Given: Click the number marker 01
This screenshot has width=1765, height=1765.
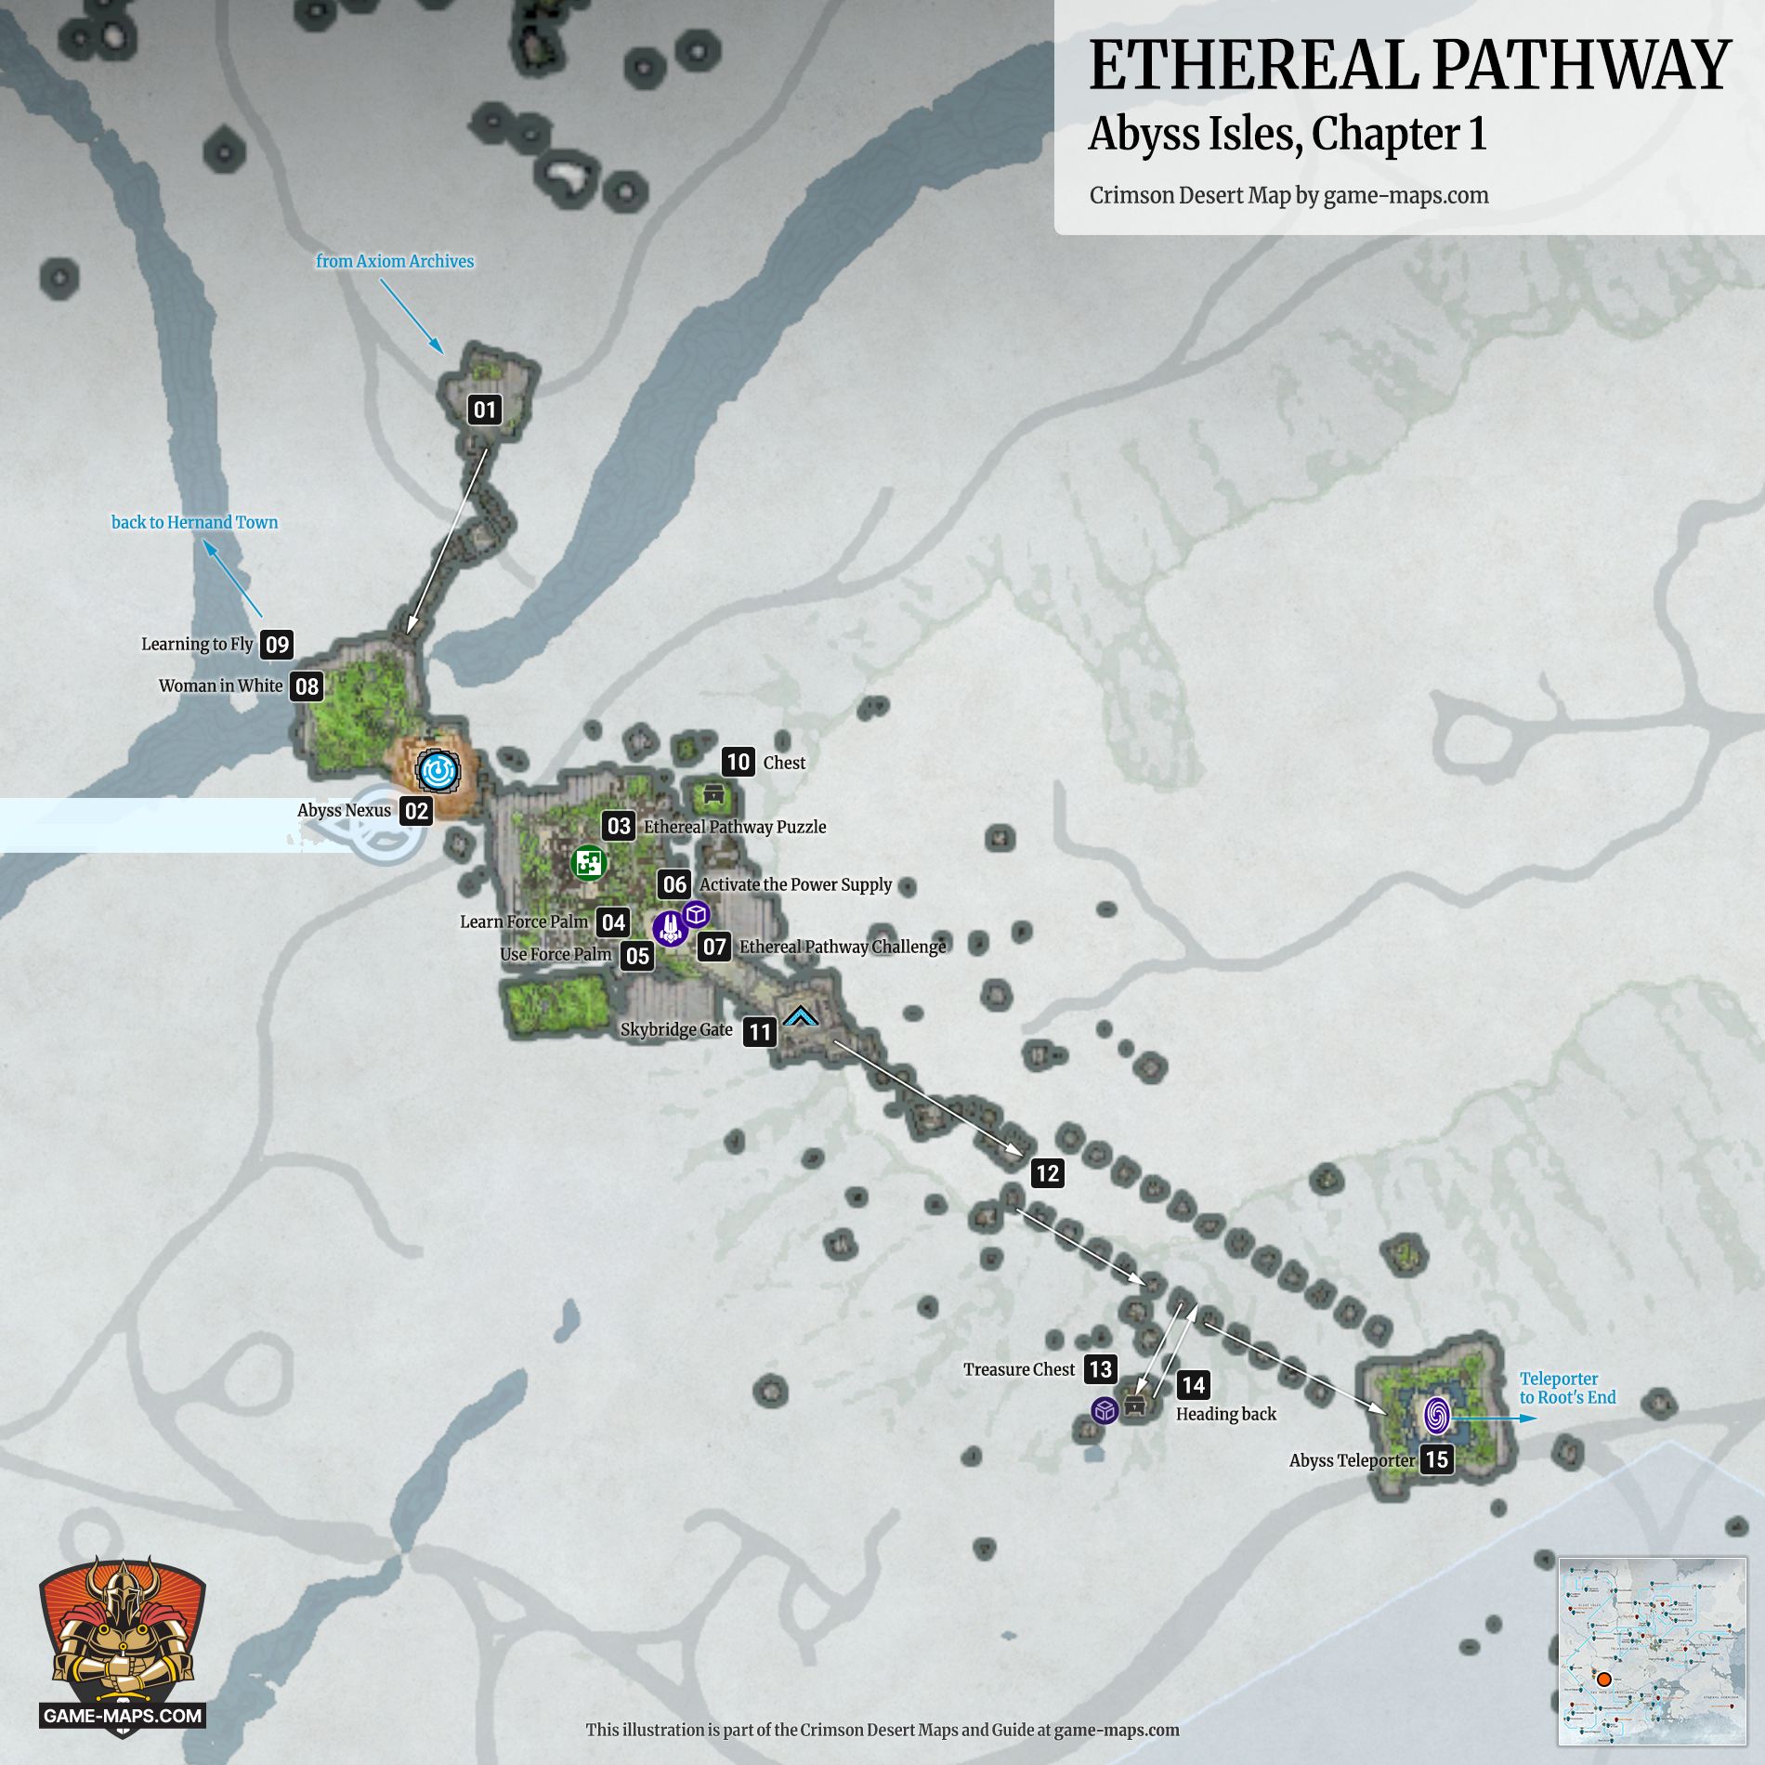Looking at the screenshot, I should tap(485, 410).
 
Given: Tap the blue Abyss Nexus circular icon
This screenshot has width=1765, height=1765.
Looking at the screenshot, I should tap(438, 770).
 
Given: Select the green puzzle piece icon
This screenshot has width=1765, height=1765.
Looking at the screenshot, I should tap(588, 863).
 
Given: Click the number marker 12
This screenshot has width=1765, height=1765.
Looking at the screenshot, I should tap(1047, 1173).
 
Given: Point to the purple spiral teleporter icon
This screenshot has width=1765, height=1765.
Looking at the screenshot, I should tap(1436, 1416).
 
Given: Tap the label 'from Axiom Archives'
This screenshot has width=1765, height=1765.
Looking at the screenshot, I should tap(395, 261).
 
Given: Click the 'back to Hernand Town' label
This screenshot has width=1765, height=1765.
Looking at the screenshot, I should tap(195, 522).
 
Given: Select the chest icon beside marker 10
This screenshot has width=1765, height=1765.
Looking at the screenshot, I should tap(713, 793).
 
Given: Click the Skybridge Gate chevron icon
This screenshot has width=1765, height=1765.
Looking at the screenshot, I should tap(800, 1017).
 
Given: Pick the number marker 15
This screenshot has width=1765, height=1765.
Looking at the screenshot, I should tap(1437, 1459).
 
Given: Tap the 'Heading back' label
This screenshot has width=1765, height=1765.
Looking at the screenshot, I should tap(1226, 1414).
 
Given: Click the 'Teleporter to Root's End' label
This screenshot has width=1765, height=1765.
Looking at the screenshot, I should tap(1567, 1388).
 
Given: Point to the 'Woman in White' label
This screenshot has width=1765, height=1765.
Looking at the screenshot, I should tap(220, 686).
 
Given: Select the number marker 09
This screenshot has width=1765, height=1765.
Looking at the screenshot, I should tap(277, 645).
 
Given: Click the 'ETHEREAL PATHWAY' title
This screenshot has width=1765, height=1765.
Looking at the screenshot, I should tap(1409, 66).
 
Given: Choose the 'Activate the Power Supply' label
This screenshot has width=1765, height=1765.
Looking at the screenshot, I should tap(795, 884).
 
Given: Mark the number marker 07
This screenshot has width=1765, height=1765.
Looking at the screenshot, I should tap(714, 947).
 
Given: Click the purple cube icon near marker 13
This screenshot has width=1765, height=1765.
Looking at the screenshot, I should tap(1105, 1410).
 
